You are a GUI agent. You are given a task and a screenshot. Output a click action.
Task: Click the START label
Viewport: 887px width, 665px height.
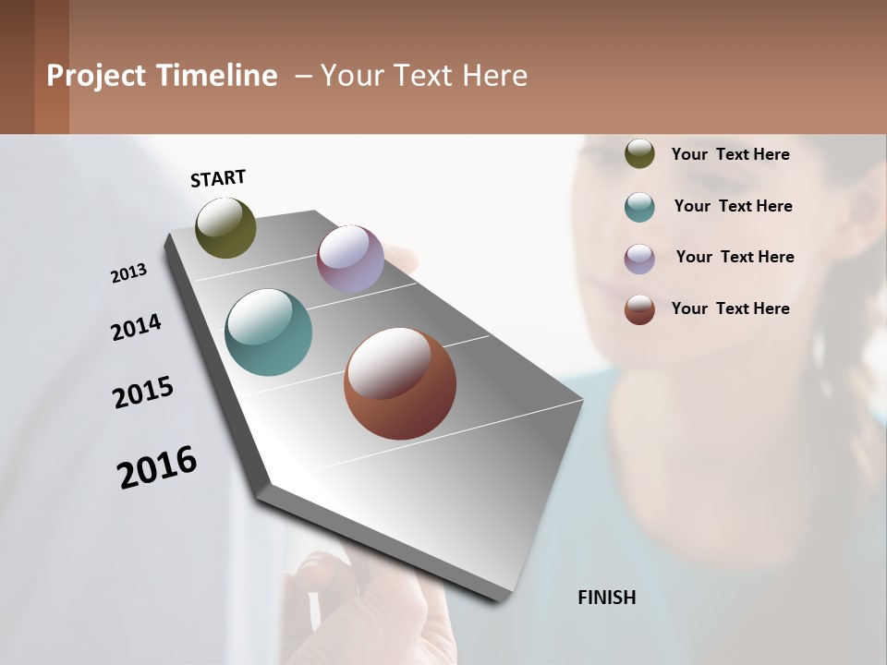pos(218,178)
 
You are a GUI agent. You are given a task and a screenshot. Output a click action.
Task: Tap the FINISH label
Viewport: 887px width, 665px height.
pos(607,598)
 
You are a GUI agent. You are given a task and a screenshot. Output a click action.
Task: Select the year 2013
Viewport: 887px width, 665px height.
pos(128,273)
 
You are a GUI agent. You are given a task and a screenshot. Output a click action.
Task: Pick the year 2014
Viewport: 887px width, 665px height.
pos(136,327)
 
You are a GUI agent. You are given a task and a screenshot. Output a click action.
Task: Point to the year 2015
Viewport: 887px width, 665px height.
pos(143,393)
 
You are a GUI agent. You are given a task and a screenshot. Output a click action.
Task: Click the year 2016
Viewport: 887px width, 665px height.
pos(157,467)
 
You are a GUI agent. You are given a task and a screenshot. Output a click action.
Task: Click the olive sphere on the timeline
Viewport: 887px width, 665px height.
pos(225,228)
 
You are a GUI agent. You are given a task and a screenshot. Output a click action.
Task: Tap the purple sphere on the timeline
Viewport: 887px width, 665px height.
pos(350,259)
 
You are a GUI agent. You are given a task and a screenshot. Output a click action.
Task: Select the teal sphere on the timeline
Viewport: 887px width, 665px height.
pos(269,332)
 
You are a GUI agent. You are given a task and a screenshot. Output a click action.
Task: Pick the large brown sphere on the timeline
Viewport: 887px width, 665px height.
pos(400,383)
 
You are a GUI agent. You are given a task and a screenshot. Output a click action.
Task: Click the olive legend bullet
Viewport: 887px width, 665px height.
pos(639,153)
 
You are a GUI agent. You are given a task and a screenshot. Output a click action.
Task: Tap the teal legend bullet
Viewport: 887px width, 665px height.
pos(639,207)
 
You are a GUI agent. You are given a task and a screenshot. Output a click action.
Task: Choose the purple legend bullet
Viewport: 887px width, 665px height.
pos(639,259)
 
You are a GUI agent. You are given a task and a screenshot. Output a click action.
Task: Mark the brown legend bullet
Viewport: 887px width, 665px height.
pos(639,309)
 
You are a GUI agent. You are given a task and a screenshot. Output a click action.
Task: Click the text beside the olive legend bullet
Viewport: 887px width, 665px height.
pos(730,154)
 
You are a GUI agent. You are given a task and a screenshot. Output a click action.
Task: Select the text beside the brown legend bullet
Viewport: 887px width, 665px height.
pos(730,308)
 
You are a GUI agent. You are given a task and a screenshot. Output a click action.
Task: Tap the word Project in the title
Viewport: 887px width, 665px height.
pos(95,76)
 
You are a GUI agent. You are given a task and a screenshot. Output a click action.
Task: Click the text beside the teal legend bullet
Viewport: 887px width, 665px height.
pos(733,206)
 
